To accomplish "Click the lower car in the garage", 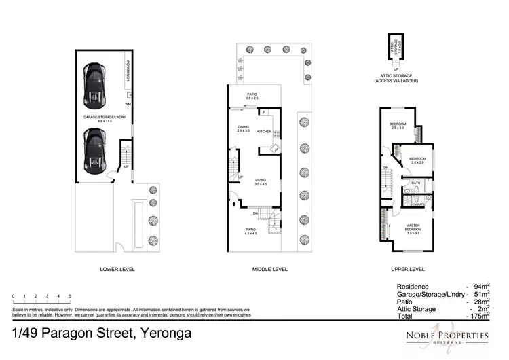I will pos(96,151).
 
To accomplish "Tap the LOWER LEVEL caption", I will pos(117,269).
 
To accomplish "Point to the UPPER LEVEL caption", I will pos(408,269).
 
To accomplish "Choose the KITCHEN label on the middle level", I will pos(265,131).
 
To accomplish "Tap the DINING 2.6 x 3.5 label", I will pos(244,128).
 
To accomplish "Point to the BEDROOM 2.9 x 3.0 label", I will pos(397,126).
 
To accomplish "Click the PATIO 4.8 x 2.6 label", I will pos(252,96).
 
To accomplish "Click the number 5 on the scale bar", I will pos(70,297).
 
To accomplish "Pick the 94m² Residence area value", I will pos(481,286).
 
